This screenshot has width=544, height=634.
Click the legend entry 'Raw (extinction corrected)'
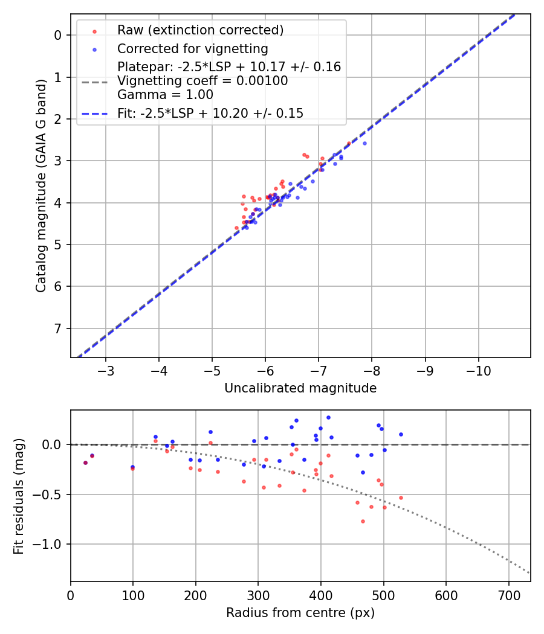(x=200, y=30)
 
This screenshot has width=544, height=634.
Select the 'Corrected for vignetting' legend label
(x=192, y=48)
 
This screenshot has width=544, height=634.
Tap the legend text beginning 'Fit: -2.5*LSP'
(x=210, y=113)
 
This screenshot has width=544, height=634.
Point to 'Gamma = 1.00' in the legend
(x=165, y=94)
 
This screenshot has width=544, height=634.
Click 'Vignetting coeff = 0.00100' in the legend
(x=202, y=80)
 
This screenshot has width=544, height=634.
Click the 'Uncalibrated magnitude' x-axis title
(x=300, y=388)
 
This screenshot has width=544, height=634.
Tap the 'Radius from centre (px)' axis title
(x=300, y=613)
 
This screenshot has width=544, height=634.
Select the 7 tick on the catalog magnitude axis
(x=58, y=328)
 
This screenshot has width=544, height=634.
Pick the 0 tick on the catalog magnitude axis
(x=58, y=35)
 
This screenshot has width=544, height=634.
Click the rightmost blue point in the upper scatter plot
(x=364, y=143)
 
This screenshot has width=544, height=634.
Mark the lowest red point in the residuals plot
(x=363, y=521)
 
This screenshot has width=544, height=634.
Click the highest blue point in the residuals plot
(x=328, y=417)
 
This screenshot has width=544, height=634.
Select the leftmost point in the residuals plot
(x=85, y=463)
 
